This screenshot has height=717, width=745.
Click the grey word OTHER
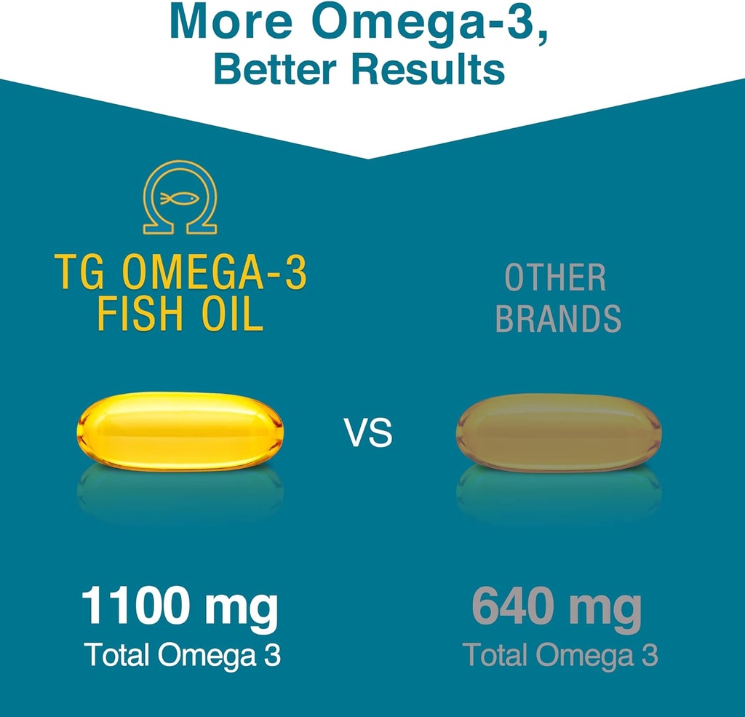(x=556, y=279)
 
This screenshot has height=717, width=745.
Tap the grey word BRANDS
(x=558, y=318)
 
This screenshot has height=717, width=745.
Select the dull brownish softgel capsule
(x=559, y=432)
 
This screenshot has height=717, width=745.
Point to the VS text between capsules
(x=368, y=435)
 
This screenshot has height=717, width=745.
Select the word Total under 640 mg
(x=495, y=655)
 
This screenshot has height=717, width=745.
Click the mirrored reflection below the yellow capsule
(x=180, y=491)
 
